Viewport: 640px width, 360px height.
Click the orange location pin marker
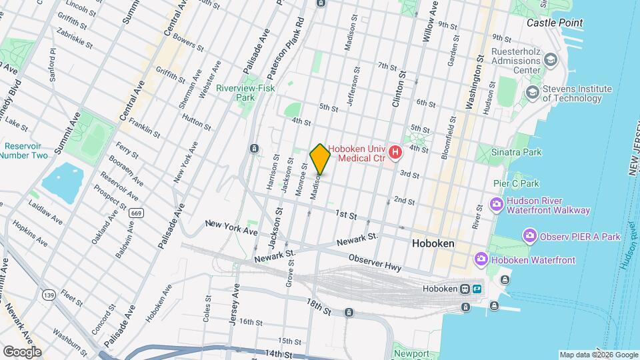pyautogui.click(x=320, y=159)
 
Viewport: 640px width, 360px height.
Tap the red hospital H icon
pyautogui.click(x=395, y=153)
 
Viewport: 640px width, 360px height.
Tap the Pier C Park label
pyautogui.click(x=515, y=183)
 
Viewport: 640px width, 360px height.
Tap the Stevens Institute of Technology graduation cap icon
pyautogui.click(x=532, y=93)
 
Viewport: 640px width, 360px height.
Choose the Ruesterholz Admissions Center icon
pyautogui.click(x=550, y=61)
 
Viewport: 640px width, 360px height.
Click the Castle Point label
pyautogui.click(x=554, y=23)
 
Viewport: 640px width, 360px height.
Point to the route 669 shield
pyautogui.click(x=136, y=213)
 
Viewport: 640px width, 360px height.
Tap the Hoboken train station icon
pyautogui.click(x=465, y=289)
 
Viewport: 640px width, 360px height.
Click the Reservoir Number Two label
pyautogui.click(x=24, y=150)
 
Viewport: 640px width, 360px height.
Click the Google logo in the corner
pyautogui.click(x=22, y=351)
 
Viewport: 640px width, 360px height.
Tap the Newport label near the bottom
pyautogui.click(x=411, y=353)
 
